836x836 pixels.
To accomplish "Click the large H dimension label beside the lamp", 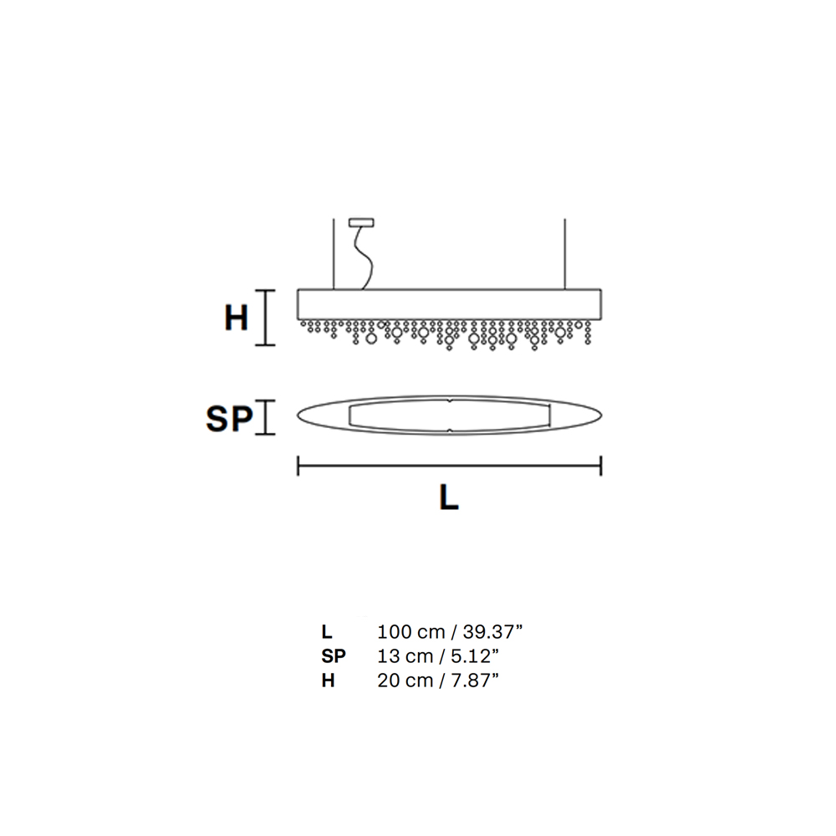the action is [x=237, y=319].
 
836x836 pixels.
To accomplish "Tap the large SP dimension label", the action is [x=229, y=418].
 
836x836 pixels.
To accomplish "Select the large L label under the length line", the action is [x=449, y=498].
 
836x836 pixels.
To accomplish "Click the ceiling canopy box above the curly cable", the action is [x=361, y=222].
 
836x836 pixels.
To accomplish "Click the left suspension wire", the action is [x=334, y=254].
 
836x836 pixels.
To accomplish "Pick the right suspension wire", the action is [x=564, y=254].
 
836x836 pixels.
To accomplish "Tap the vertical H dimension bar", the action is [x=266, y=318].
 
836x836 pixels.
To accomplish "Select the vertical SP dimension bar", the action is [x=266, y=417].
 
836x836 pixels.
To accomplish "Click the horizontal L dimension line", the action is [x=450, y=466].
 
